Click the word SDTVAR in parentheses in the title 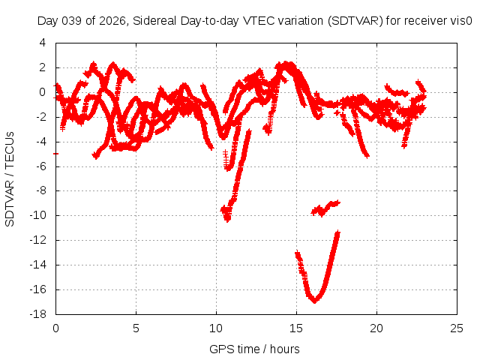(x=350, y=21)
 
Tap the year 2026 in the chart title (x=114, y=21)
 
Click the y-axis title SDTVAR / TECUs (x=10, y=178)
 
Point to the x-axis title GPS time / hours (x=254, y=349)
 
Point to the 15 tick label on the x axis (x=296, y=328)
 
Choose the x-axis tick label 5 (x=136, y=328)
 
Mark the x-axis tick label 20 (x=376, y=328)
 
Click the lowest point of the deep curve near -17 (x=316, y=300)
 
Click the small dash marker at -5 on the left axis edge (x=56, y=154)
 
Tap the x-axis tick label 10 (x=216, y=328)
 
